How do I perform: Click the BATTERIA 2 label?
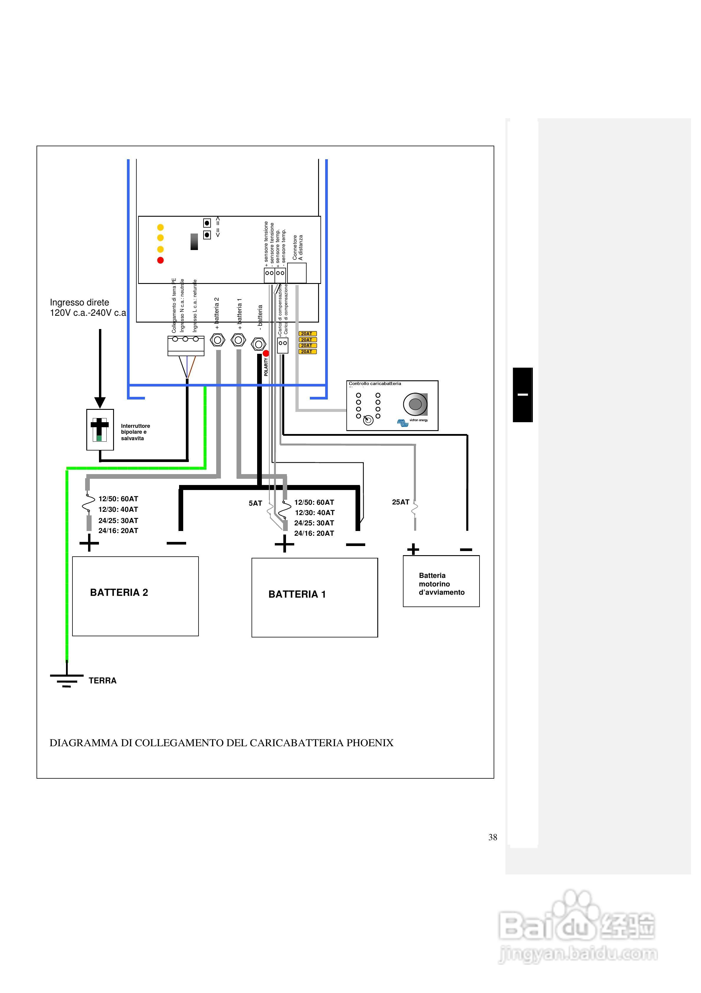[119, 593]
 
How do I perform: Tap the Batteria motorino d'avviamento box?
[441, 581]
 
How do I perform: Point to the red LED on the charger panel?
[160, 260]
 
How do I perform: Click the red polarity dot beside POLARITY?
[266, 353]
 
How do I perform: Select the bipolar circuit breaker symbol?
[100, 430]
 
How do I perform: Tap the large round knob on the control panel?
[415, 404]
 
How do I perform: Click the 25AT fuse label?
[400, 502]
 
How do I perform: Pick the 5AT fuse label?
[255, 503]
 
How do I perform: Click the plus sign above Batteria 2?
[89, 543]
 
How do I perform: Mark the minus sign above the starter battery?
[466, 550]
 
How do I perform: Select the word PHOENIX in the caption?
[370, 743]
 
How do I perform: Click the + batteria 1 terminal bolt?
[238, 340]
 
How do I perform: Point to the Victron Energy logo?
[403, 422]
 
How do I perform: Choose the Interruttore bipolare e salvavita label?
[135, 432]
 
